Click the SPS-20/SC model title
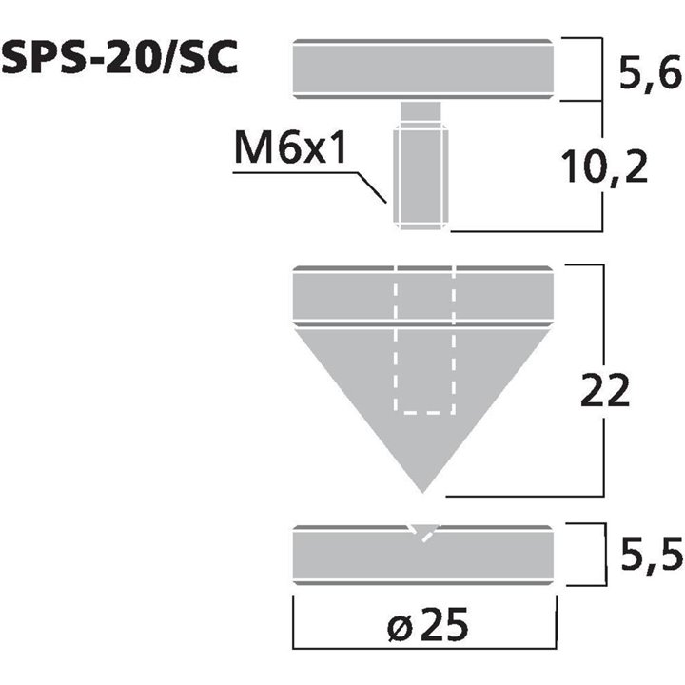click(120, 58)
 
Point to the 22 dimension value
click(605, 389)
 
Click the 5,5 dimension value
click(656, 553)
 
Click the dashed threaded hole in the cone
click(424, 362)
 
